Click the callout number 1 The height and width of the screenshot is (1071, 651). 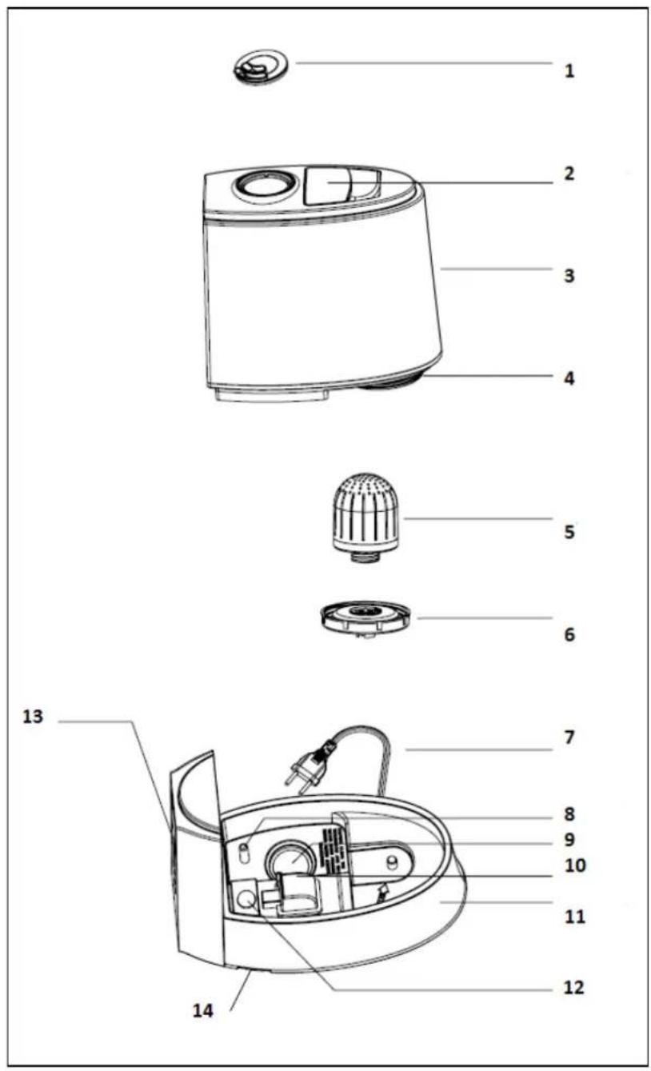pos(569,70)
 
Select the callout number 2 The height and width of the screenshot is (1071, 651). pos(569,173)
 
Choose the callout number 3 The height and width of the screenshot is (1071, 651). pos(569,276)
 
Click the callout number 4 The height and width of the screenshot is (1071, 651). pos(569,378)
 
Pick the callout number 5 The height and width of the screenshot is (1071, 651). pos(569,531)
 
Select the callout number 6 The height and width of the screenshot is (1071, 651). pos(569,635)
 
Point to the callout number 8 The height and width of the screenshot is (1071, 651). pos(569,814)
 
